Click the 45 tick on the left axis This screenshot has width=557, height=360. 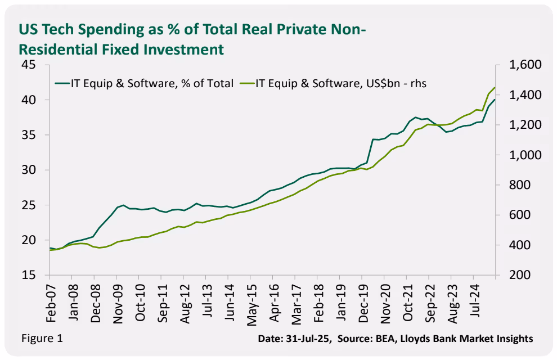pyautogui.click(x=29, y=65)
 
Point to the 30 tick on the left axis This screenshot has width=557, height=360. pyautogui.click(x=29, y=170)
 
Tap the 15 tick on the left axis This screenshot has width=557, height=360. pyautogui.click(x=29, y=276)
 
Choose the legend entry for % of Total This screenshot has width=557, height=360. pyautogui.click(x=151, y=84)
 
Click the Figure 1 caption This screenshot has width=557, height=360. pyautogui.click(x=42, y=338)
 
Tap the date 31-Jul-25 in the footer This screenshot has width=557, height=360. pyautogui.click(x=309, y=339)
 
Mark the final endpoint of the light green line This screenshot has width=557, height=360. pyautogui.click(x=495, y=88)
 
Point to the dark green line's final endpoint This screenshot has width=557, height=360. pyautogui.click(x=495, y=100)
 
